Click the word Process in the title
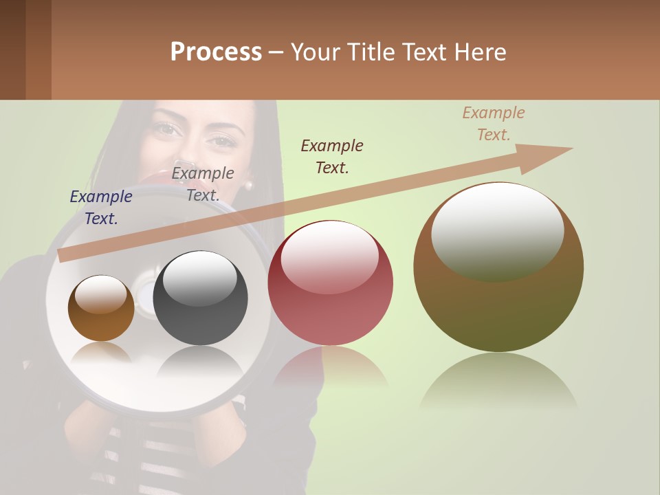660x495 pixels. coord(216,52)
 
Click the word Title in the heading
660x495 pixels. coord(371,52)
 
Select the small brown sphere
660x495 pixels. coord(101,316)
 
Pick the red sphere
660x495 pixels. coord(330,302)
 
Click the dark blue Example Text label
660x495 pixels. coord(101,207)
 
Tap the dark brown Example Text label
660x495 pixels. coord(332,156)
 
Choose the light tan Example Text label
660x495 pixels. coord(494,124)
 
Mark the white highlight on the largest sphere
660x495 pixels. coord(498,230)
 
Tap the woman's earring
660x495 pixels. coord(248,184)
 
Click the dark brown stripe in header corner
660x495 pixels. coord(12,49)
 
